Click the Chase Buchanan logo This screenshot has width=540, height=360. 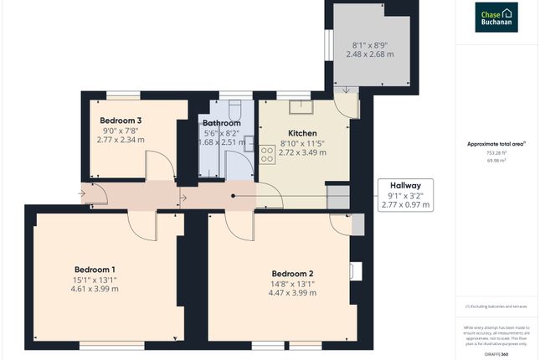[x=496, y=17]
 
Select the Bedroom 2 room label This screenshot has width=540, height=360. [x=292, y=273]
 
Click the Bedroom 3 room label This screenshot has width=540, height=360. [x=121, y=121]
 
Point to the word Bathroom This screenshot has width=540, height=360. [x=222, y=123]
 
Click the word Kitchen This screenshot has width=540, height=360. [x=302, y=133]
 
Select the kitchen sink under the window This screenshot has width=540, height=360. [x=300, y=105]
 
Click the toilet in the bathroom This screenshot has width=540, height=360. [x=234, y=110]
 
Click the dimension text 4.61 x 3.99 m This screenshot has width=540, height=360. [x=95, y=290]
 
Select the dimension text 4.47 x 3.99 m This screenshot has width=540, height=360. [x=292, y=294]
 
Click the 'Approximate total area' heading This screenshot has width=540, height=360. [x=496, y=144]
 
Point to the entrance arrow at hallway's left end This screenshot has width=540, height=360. [x=83, y=197]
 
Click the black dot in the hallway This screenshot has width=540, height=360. [x=234, y=197]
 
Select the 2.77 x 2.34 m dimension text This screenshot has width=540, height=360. [x=120, y=141]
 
